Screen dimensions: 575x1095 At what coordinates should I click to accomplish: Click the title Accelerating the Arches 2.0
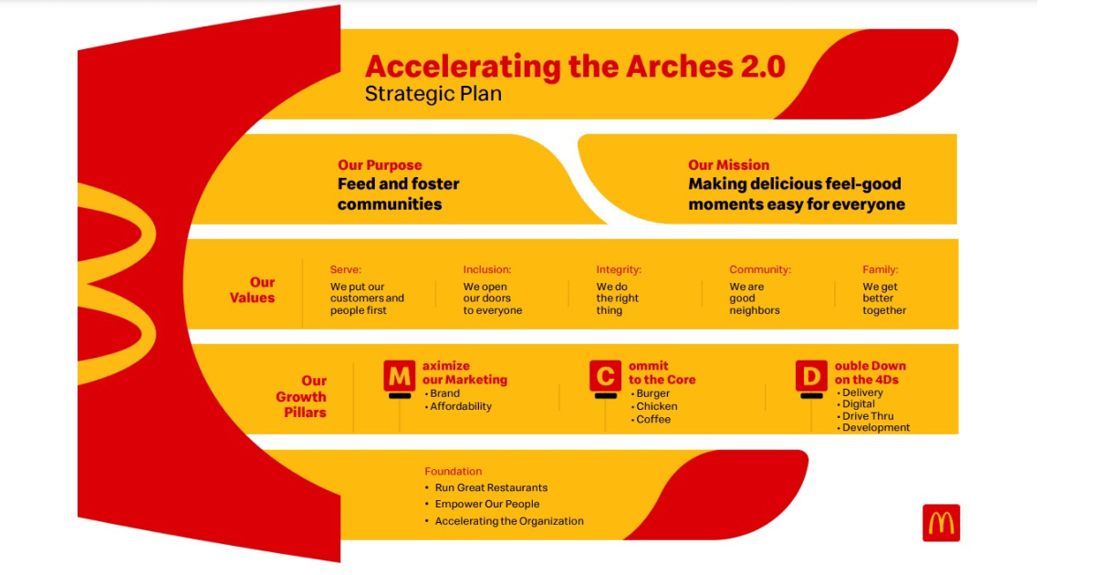pyautogui.click(x=575, y=67)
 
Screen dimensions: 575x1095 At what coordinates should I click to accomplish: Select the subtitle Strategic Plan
pyautogui.click(x=433, y=94)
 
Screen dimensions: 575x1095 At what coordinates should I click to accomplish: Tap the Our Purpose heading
pyautogui.click(x=380, y=165)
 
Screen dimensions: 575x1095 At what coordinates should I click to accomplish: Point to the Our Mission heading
pyautogui.click(x=728, y=165)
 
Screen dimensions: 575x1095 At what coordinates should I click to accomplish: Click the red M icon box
pyautogui.click(x=399, y=376)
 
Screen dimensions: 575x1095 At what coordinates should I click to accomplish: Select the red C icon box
pyautogui.click(x=605, y=376)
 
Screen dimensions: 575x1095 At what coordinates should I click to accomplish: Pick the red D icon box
pyautogui.click(x=811, y=376)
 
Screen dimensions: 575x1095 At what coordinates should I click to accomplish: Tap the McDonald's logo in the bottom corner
pyautogui.click(x=941, y=523)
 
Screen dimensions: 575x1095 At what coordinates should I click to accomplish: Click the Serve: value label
pyautogui.click(x=346, y=269)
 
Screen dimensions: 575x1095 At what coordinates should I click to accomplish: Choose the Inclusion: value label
pyautogui.click(x=486, y=269)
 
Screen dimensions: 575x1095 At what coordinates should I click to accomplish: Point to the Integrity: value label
pyautogui.click(x=619, y=269)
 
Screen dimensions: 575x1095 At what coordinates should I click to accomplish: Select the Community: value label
pyautogui.click(x=760, y=269)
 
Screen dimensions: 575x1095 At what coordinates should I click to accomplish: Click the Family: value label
pyautogui.click(x=881, y=269)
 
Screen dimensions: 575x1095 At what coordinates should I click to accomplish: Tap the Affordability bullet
pyautogui.click(x=460, y=406)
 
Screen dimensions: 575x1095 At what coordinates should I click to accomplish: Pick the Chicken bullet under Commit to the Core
pyautogui.click(x=656, y=406)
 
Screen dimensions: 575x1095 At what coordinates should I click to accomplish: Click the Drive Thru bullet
pyautogui.click(x=867, y=416)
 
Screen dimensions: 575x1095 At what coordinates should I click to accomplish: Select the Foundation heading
pyautogui.click(x=453, y=471)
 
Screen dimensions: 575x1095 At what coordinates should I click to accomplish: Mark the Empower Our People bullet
pyautogui.click(x=486, y=504)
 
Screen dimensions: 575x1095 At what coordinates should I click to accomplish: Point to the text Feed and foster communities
pyautogui.click(x=398, y=193)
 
